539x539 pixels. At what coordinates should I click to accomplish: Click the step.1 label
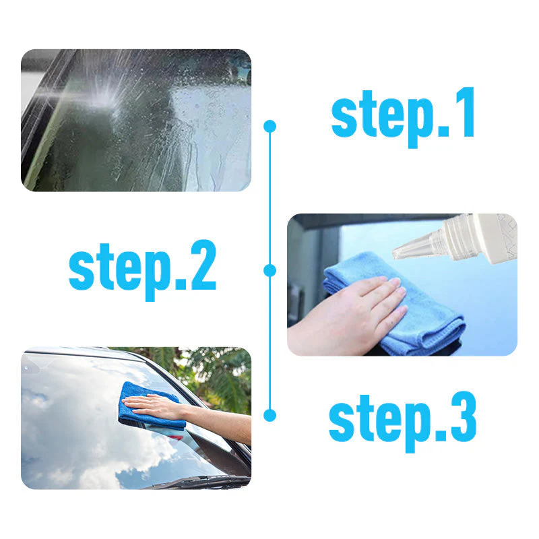click(x=403, y=116)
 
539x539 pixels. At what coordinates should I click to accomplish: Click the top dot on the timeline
click(x=270, y=126)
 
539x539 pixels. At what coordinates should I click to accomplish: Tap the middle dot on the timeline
click(x=270, y=270)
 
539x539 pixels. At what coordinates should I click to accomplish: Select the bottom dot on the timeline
click(x=270, y=415)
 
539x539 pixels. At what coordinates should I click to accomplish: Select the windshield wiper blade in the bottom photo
click(x=202, y=481)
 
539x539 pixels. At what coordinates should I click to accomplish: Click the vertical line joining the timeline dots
click(x=270, y=202)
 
